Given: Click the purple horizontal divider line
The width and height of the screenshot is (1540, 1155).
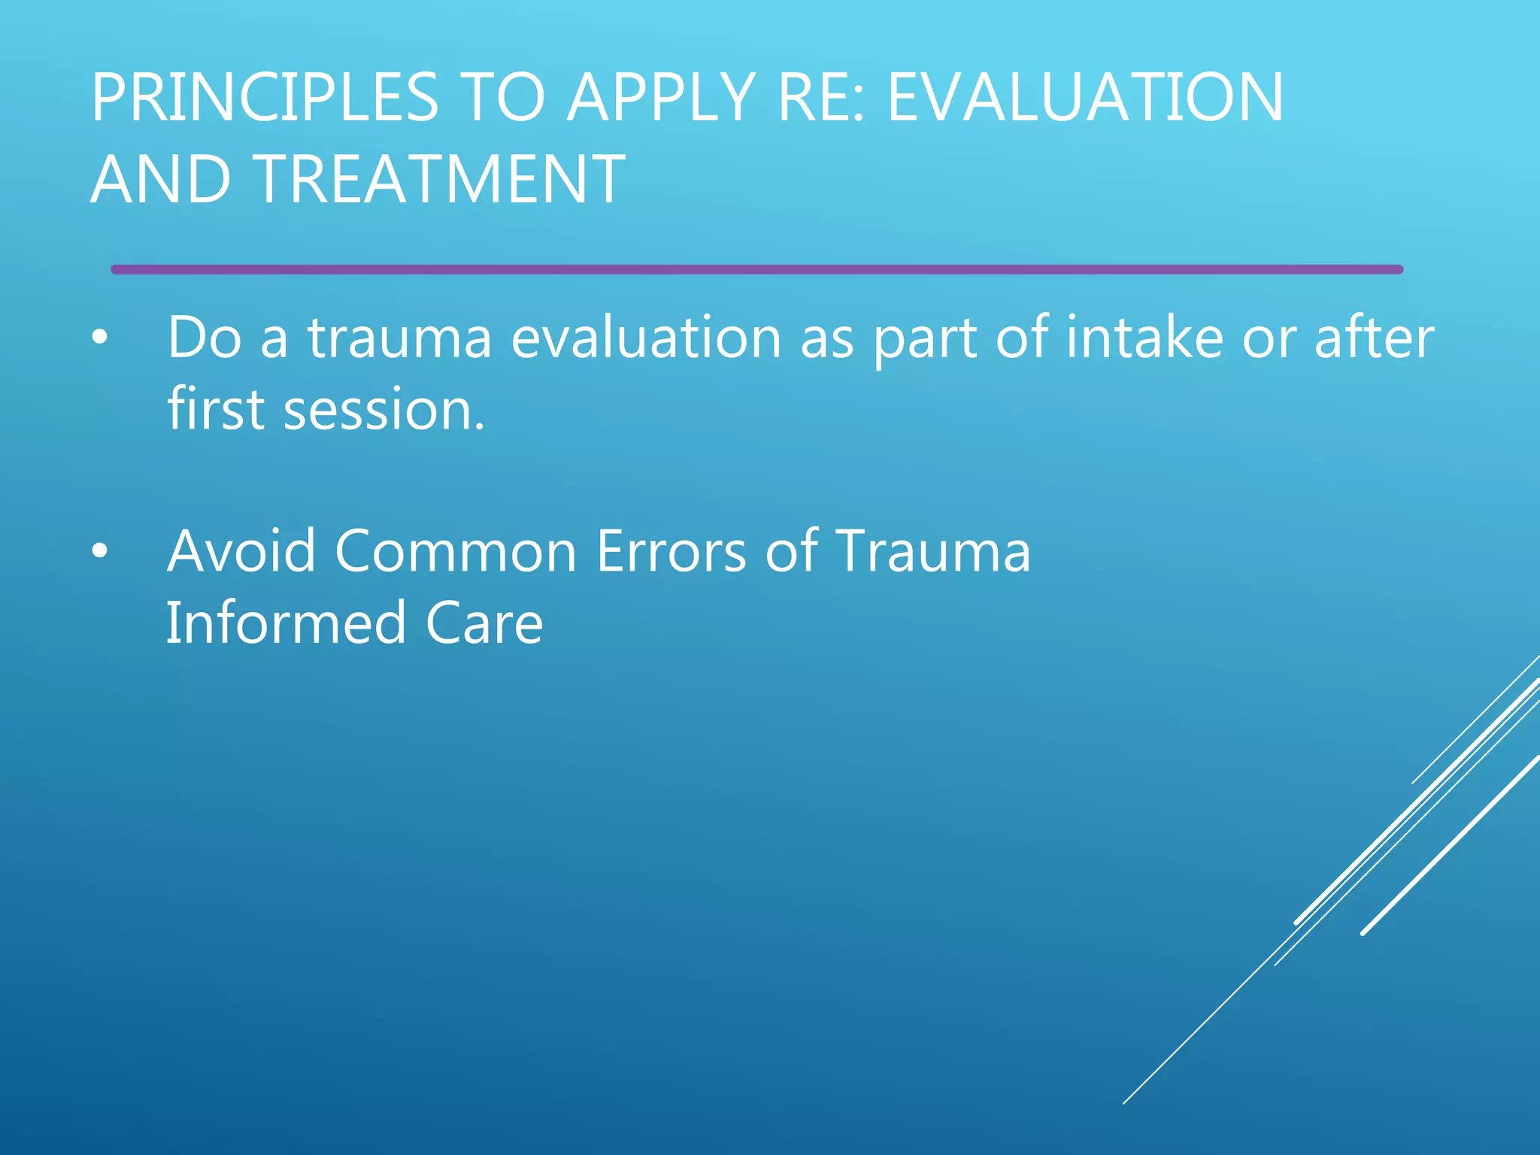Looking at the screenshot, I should pyautogui.click(x=756, y=269).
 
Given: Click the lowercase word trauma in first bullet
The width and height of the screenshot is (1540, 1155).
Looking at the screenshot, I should pyautogui.click(x=399, y=338).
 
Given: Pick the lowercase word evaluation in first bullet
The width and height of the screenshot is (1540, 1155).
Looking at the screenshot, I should pyautogui.click(x=647, y=338).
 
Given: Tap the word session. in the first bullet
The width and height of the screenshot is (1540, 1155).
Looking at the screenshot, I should pyautogui.click(x=383, y=410).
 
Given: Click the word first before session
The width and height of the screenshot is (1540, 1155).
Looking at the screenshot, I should pyautogui.click(x=216, y=410).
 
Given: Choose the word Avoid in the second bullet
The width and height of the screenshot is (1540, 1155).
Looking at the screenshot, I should pyautogui.click(x=241, y=551).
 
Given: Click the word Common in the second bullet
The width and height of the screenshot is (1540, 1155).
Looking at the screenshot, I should pyautogui.click(x=456, y=551).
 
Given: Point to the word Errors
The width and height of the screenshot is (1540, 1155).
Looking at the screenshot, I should pyautogui.click(x=671, y=551).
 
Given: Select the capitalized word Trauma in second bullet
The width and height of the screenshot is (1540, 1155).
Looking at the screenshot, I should pyautogui.click(x=932, y=551).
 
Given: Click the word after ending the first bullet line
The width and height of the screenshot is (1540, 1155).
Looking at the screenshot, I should pyautogui.click(x=1374, y=338).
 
